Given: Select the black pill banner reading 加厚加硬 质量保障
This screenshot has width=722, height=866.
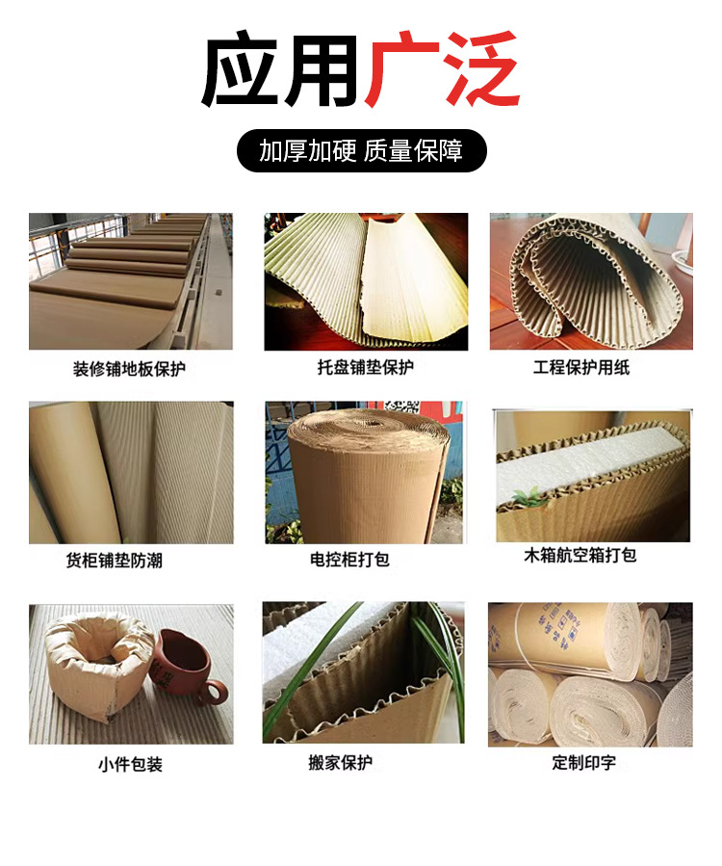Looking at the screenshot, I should click(361, 151).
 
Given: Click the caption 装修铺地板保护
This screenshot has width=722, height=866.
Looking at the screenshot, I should click(129, 369).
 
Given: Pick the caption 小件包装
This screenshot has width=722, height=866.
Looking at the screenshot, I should click(130, 764).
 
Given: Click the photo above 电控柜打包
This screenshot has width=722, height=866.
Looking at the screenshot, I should click(364, 472).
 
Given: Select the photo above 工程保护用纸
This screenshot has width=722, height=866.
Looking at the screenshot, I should click(590, 280).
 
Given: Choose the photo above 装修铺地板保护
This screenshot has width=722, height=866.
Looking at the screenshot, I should click(130, 280).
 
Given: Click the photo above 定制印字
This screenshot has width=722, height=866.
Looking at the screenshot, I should click(589, 674).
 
